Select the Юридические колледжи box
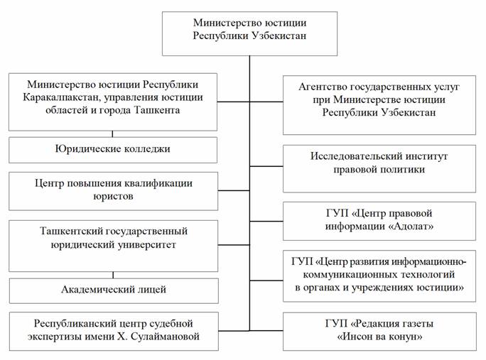(x=113, y=150)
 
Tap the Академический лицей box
(x=113, y=290)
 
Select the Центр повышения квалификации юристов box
(x=113, y=190)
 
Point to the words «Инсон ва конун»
(x=379, y=336)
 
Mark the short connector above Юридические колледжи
(x=113, y=133)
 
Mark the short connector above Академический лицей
(x=113, y=274)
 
